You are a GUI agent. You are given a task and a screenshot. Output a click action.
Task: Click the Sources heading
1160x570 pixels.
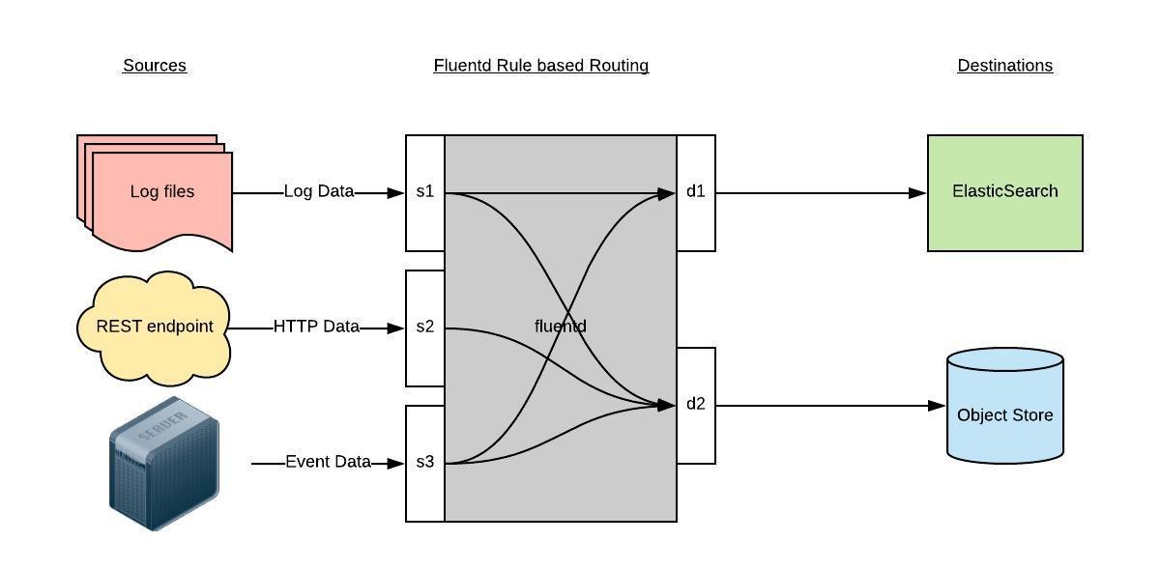[x=155, y=66]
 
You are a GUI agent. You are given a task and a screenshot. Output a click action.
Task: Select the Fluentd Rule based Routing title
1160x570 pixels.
[x=540, y=66]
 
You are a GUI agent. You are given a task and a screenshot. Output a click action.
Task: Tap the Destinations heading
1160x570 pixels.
[x=1004, y=66]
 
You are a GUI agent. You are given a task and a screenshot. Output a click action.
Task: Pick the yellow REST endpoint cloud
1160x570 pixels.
[x=154, y=327]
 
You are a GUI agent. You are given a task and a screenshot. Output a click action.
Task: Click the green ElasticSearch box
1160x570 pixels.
[x=1004, y=192]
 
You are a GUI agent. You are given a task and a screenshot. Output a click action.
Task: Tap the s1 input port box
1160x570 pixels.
[x=425, y=192]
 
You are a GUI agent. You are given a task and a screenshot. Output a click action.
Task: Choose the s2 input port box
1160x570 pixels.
[x=425, y=328]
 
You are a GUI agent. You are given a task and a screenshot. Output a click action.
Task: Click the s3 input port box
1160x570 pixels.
[x=425, y=463]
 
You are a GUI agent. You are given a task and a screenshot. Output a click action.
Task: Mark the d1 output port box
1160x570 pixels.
[x=696, y=192]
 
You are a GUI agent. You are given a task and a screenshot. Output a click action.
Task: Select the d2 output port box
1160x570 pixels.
[x=696, y=405]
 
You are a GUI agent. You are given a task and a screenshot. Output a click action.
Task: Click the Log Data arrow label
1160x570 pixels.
[x=319, y=192]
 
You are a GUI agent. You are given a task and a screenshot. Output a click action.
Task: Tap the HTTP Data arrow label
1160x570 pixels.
[x=316, y=328]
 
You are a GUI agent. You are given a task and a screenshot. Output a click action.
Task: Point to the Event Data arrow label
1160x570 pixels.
[x=328, y=463]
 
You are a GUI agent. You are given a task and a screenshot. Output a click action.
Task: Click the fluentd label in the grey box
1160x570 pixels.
[x=560, y=327]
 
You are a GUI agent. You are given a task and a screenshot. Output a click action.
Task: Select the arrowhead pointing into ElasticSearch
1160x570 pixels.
[x=918, y=193]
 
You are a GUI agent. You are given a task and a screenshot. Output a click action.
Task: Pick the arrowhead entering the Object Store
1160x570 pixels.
[x=937, y=406]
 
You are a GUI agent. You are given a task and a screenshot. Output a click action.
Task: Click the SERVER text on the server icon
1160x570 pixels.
[x=163, y=429]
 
